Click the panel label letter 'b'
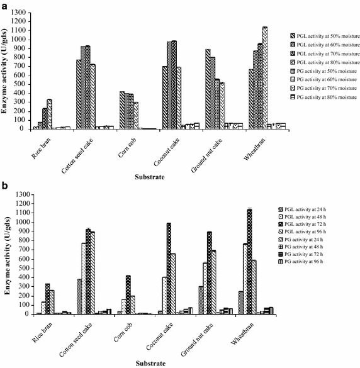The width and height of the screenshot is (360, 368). click(x=4, y=187)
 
